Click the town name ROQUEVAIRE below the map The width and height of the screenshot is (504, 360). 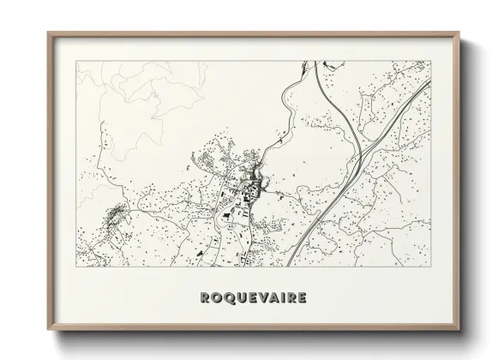pyautogui.click(x=252, y=298)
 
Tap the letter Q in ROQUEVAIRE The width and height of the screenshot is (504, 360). pyautogui.click(x=225, y=298)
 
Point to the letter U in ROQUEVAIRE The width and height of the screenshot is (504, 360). pyautogui.click(x=236, y=298)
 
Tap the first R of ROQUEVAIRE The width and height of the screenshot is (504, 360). pyautogui.click(x=203, y=298)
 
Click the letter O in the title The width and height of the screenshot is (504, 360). pyautogui.click(x=213, y=298)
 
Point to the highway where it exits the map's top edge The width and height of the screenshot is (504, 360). pyautogui.click(x=315, y=63)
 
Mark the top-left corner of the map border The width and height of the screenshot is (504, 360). pyautogui.click(x=76, y=62)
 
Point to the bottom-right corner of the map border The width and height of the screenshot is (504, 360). pyautogui.click(x=428, y=267)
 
